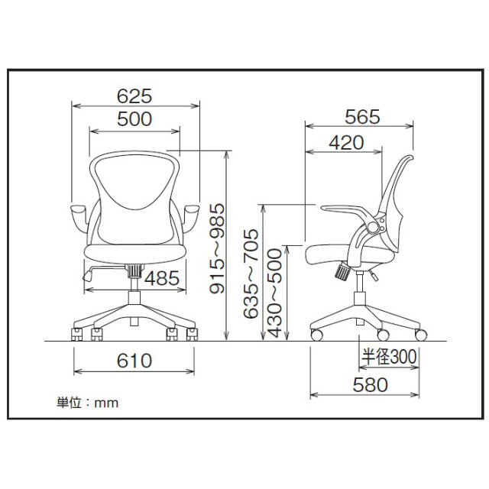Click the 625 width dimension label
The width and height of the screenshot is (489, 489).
click(x=134, y=96)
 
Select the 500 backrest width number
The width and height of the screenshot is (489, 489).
click(x=134, y=119)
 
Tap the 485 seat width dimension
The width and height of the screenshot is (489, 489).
click(x=162, y=278)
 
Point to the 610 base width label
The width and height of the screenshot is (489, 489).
click(x=134, y=361)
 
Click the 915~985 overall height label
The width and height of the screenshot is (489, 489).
click(x=217, y=248)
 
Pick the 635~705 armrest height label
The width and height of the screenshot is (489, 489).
click(x=251, y=274)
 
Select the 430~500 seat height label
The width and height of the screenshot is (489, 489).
click(x=274, y=293)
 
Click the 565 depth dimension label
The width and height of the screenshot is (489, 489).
click(x=362, y=117)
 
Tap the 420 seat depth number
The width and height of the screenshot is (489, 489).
click(x=346, y=143)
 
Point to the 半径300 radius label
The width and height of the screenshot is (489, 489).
click(x=389, y=357)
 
